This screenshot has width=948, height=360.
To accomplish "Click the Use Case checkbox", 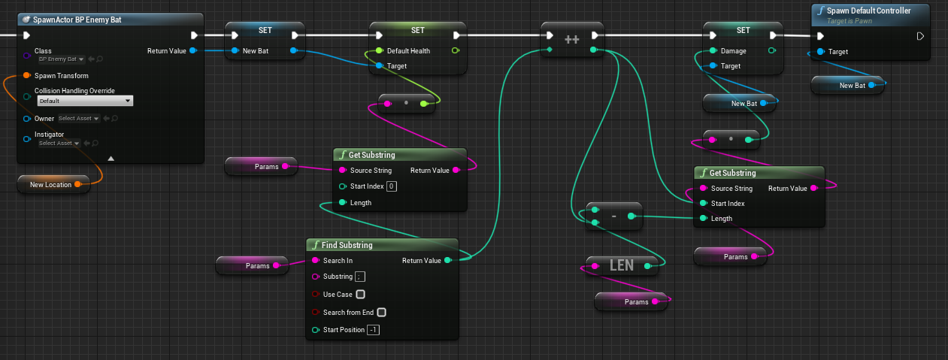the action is [x=360, y=294].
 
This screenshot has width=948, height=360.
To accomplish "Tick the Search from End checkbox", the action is [x=381, y=312].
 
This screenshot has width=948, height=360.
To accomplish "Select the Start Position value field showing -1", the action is [x=373, y=329].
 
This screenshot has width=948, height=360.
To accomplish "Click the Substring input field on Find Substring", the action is [x=360, y=277].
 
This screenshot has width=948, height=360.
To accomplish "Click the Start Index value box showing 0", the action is [x=392, y=186].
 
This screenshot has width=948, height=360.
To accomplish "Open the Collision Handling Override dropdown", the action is [x=85, y=101].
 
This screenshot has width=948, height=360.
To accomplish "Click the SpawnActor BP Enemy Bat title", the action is [x=77, y=20].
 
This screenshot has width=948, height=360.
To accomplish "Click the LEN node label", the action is [x=621, y=265].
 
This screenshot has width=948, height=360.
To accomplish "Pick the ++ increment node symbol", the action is [x=572, y=40].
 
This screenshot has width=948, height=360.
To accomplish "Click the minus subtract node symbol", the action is [x=613, y=216].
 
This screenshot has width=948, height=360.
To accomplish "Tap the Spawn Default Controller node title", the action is [x=868, y=11].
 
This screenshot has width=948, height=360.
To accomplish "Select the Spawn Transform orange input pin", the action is [x=26, y=75].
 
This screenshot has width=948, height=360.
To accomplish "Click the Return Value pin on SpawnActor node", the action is [x=193, y=51].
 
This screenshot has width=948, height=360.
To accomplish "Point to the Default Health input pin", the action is [x=379, y=51].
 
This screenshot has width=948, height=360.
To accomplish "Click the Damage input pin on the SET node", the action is [x=713, y=51].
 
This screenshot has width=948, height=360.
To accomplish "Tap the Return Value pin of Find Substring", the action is [x=448, y=260].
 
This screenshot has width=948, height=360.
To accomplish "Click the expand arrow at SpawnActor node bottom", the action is [x=111, y=159].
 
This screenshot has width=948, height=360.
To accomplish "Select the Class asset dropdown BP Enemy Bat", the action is [x=61, y=59].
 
